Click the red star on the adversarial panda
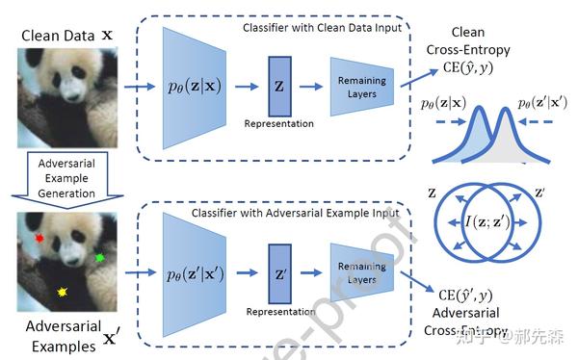(39, 236)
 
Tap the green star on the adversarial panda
(99, 257)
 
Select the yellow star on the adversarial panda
(64, 291)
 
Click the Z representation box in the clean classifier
(280, 86)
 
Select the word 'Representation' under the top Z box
(280, 124)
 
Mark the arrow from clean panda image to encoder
(140, 88)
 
